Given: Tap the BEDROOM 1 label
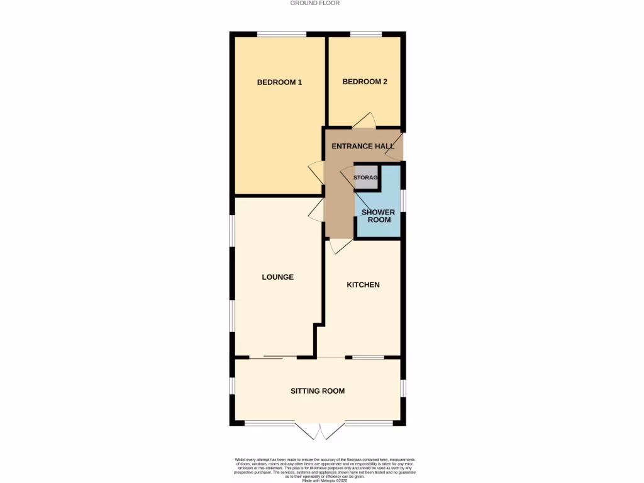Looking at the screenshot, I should (279, 82).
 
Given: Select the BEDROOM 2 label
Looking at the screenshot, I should (364, 82).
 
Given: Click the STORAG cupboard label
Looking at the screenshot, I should (365, 178).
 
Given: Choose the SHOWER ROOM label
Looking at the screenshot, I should (378, 216).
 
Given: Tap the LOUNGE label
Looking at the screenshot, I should (277, 277).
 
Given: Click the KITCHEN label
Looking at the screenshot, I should (363, 285).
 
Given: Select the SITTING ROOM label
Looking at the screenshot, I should (317, 391).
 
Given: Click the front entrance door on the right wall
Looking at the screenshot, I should (396, 146).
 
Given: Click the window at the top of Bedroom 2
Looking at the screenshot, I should (365, 34).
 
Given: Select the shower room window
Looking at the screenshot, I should (403, 201).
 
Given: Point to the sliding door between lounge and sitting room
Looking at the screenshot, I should (273, 357).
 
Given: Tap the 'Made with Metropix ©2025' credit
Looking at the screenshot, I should (325, 480).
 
